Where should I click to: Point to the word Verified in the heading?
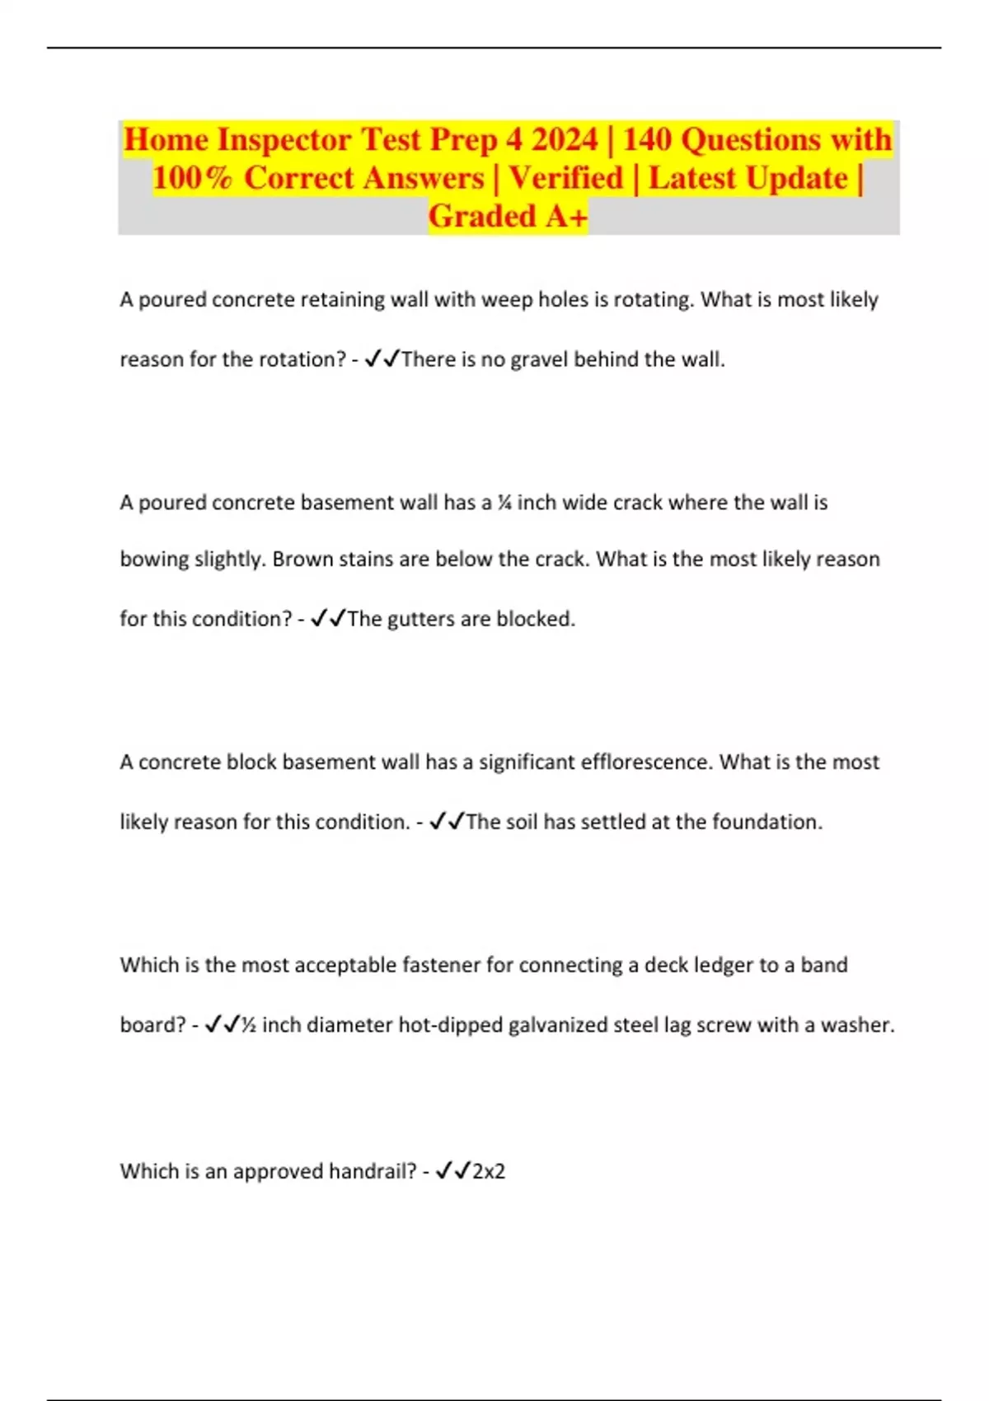click(565, 178)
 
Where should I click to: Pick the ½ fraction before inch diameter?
click(248, 1025)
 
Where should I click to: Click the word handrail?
click(372, 1171)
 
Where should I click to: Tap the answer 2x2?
click(488, 1171)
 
